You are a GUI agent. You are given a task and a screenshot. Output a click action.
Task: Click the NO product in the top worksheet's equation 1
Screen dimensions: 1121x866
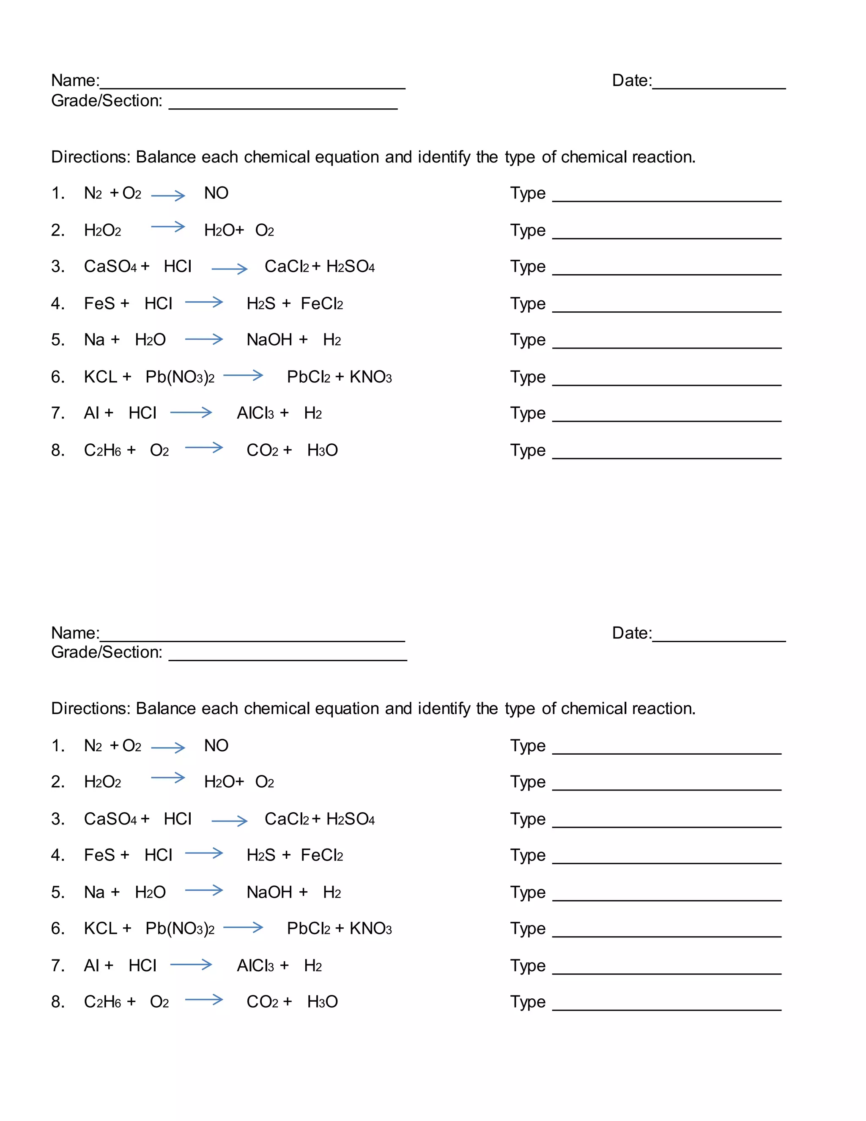coord(216,193)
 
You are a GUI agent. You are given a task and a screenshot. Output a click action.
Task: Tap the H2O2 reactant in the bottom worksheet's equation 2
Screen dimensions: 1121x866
coord(103,782)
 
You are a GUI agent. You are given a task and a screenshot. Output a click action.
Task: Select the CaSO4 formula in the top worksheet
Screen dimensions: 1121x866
coord(110,267)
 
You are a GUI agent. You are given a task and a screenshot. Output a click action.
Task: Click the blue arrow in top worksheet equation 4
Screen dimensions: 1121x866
coord(204,302)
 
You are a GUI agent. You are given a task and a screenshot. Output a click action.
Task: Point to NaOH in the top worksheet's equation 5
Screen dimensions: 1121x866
coord(269,340)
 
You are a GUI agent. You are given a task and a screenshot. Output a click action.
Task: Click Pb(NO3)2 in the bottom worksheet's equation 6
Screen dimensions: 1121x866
coord(180,929)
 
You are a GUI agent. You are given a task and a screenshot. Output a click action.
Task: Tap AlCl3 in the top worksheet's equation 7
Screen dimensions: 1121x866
coord(255,413)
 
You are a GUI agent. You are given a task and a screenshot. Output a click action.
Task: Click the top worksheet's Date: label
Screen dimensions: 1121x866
coord(632,80)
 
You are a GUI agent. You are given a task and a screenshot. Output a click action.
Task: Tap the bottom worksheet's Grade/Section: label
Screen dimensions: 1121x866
coord(107,652)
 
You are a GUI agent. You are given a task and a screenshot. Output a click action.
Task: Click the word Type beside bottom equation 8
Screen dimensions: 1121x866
coord(527,1002)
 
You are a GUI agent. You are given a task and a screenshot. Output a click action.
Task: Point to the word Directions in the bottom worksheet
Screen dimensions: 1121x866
coord(91,709)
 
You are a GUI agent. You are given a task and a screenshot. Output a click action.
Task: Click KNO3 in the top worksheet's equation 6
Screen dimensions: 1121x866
coord(370,377)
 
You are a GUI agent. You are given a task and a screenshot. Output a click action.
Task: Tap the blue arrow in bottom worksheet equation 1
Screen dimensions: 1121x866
coord(168,747)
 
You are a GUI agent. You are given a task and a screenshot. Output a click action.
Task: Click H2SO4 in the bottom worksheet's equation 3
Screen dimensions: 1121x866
coord(351,819)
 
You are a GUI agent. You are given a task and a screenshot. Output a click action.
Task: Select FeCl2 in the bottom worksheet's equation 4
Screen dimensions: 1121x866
coord(322,856)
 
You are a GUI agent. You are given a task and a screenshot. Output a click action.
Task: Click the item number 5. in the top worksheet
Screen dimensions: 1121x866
coord(58,340)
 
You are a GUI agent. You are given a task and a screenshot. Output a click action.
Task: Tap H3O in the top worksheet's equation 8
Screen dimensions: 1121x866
coord(322,451)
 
